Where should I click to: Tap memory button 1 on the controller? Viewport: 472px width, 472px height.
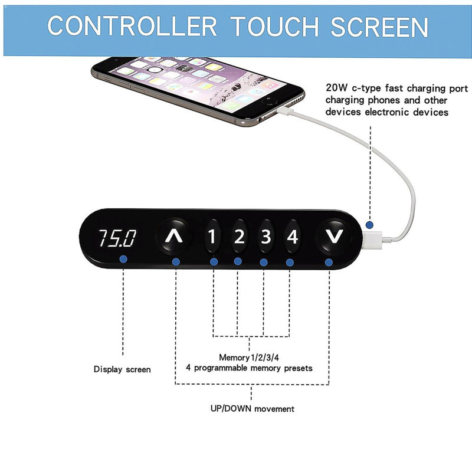point(212,237)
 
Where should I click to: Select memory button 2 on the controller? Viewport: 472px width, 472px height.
point(239,237)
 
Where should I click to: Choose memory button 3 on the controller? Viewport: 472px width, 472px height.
point(266,237)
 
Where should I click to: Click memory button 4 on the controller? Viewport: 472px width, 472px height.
point(292,237)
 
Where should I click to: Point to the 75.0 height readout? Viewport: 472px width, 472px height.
point(117,238)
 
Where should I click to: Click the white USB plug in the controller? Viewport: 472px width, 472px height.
point(372,240)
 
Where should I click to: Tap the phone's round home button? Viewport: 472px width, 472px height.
point(270,101)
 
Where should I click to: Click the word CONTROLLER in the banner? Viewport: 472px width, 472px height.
point(132,26)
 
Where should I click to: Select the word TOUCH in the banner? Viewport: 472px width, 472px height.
point(274,26)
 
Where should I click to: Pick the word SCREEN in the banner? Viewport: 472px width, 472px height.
point(379,26)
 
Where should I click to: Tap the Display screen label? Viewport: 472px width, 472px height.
point(122,369)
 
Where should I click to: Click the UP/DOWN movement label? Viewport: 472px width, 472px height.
point(253,408)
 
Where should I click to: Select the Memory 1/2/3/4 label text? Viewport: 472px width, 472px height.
point(249,358)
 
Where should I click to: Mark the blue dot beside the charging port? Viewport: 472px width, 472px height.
point(369,225)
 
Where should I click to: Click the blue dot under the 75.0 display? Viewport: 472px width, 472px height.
point(123,259)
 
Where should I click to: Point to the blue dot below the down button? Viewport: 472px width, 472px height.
point(329,263)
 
